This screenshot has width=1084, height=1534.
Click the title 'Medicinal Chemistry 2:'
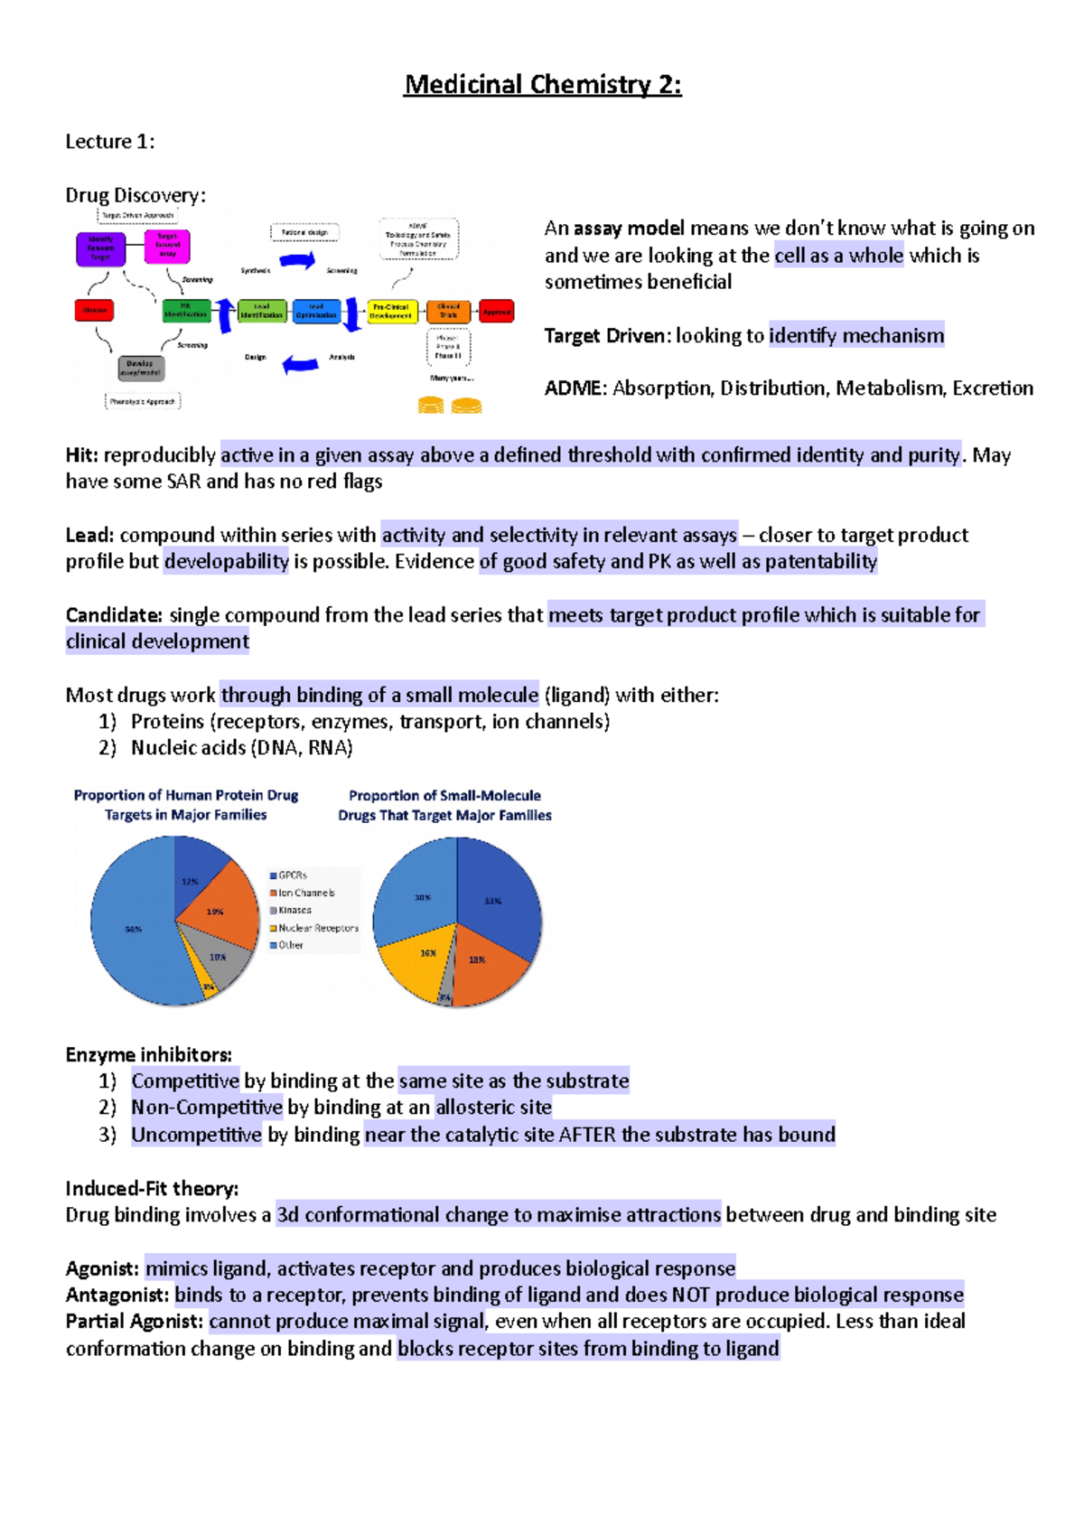(x=542, y=85)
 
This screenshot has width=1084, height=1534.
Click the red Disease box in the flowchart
(x=94, y=310)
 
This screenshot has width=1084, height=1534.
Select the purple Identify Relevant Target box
(x=100, y=248)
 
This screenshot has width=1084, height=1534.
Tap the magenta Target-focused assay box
(x=167, y=246)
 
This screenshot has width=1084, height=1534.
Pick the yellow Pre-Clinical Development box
(x=391, y=312)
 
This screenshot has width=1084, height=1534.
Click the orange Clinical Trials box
(x=448, y=312)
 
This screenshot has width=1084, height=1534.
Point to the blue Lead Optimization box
(x=316, y=312)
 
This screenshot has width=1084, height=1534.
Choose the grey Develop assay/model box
(x=140, y=368)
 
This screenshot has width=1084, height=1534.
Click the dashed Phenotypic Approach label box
(x=143, y=401)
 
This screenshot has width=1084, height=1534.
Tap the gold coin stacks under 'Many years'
(x=449, y=406)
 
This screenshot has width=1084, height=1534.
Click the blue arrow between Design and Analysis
(x=301, y=364)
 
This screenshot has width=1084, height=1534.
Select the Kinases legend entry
(x=294, y=910)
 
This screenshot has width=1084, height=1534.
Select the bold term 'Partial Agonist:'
(x=134, y=1322)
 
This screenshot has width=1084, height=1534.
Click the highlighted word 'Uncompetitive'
(x=196, y=1135)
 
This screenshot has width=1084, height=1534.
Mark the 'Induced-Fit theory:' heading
(x=152, y=1188)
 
